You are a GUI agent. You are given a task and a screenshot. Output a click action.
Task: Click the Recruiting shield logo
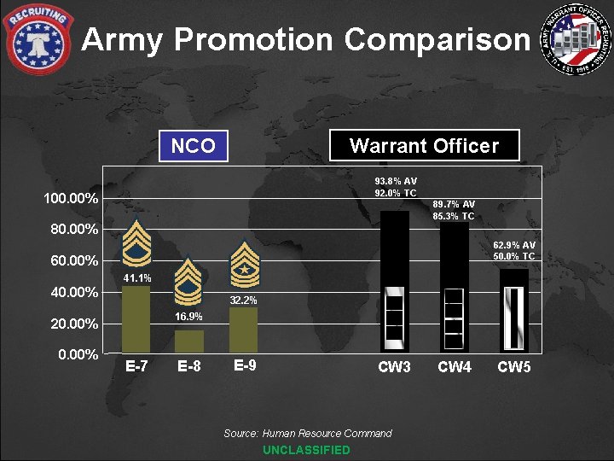(38, 38)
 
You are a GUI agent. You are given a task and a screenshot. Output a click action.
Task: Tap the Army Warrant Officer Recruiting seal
(579, 38)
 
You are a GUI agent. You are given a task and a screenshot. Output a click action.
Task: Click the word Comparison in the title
(437, 39)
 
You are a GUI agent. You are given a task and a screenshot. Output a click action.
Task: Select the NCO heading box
(194, 146)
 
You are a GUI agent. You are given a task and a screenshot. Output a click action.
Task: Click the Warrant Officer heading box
(424, 146)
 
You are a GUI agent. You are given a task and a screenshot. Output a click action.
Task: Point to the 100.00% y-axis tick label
(71, 199)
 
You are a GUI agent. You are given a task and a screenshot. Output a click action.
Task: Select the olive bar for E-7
(136, 319)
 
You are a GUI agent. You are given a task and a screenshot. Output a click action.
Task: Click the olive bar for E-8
(189, 341)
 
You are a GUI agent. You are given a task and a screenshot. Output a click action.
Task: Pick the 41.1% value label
(137, 278)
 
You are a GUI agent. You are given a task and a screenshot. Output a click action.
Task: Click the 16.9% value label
(189, 317)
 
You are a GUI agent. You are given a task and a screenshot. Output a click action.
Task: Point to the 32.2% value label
(243, 301)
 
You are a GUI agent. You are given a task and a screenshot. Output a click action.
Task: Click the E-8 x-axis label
(189, 368)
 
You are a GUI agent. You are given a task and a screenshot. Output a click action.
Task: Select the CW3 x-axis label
(395, 368)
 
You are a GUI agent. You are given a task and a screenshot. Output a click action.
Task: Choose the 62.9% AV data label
(514, 245)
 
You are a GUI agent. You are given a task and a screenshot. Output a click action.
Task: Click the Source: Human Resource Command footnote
(308, 434)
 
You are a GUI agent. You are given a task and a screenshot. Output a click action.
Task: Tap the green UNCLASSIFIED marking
(306, 450)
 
